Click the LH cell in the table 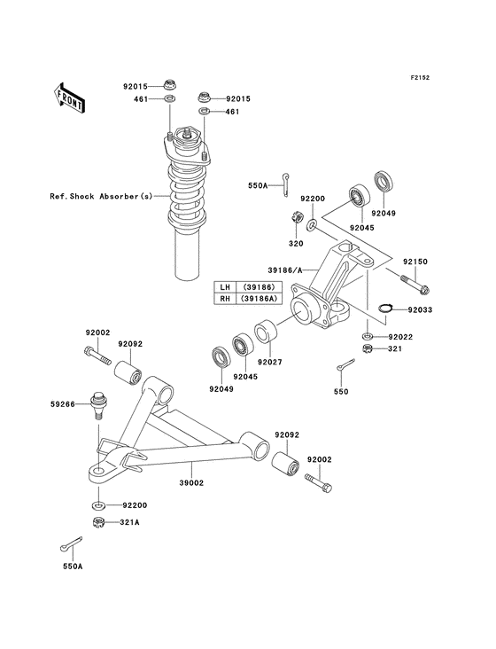click(x=224, y=287)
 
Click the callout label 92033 click(x=421, y=309)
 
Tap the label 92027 click(x=269, y=362)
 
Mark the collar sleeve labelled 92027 click(x=268, y=337)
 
